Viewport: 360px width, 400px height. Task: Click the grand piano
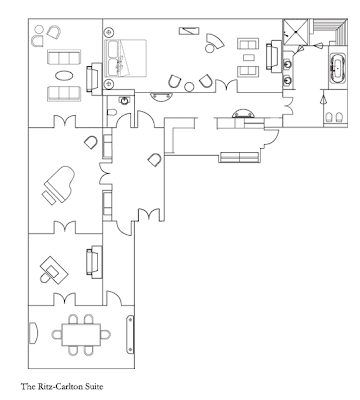click(x=59, y=184)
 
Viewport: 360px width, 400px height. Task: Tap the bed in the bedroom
click(x=125, y=59)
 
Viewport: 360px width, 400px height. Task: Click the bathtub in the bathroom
click(x=338, y=69)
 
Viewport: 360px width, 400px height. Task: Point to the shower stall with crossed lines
click(x=295, y=32)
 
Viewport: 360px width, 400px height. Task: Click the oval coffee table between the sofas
click(x=64, y=76)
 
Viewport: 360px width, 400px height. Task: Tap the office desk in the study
click(x=54, y=269)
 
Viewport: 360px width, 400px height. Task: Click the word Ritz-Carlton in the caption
click(x=57, y=387)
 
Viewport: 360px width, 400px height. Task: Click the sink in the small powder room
click(x=124, y=100)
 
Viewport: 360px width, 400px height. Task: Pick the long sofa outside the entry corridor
click(x=239, y=157)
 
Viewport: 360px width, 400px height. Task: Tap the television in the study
click(x=94, y=262)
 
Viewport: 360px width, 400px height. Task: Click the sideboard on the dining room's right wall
click(x=130, y=335)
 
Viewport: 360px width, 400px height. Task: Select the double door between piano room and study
click(x=65, y=228)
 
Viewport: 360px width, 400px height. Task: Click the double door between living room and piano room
click(x=65, y=121)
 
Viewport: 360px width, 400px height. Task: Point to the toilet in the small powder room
click(x=112, y=112)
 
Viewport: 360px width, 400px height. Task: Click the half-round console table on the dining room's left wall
click(x=33, y=332)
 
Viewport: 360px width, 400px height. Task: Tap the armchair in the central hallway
click(x=155, y=160)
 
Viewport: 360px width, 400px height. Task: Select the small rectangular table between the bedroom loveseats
click(x=249, y=58)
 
